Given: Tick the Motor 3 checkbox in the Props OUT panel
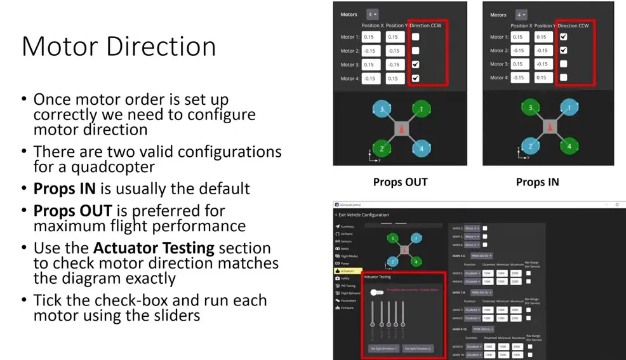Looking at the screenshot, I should point(415,65).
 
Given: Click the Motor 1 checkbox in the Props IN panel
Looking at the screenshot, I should point(564,37).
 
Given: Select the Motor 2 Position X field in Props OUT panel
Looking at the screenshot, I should point(371,51).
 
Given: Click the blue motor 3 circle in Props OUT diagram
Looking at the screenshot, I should point(382,109).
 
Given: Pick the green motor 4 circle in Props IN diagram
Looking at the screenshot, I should point(569,147).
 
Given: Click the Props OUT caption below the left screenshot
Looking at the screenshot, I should point(400,182).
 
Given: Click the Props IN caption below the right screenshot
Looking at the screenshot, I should point(537,182).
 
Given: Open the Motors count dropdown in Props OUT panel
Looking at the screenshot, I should point(372,14).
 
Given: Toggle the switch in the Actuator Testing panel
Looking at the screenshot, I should point(376,292).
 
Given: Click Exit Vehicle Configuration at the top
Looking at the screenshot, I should point(364,215).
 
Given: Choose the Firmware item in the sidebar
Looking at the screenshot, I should point(347,308).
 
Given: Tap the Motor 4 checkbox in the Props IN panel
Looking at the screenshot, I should point(564,78).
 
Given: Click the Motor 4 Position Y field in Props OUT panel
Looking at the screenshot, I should point(394,79).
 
